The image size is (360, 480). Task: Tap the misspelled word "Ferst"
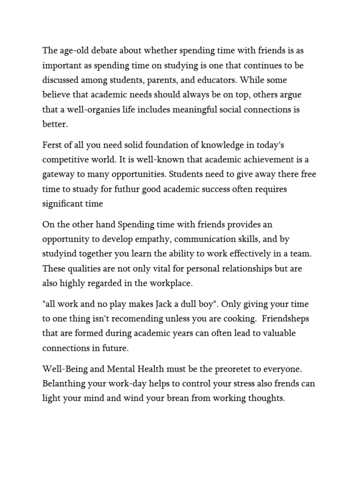tap(53, 145)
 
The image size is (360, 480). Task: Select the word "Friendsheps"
tap(285, 319)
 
